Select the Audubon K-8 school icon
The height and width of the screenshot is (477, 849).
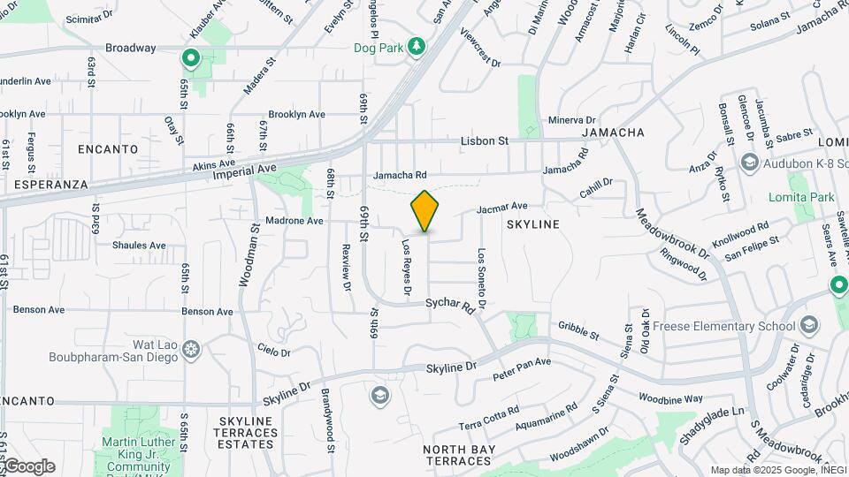[x=750, y=162]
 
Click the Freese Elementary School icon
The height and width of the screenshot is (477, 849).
[x=808, y=325]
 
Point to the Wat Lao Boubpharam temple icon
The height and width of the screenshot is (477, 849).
[x=190, y=350]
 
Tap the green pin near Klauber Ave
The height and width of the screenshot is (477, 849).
[x=190, y=59]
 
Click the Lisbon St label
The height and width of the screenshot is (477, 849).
[x=485, y=140]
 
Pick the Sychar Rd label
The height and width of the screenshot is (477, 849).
[x=450, y=305]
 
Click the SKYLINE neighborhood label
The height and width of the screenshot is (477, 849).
[x=533, y=224]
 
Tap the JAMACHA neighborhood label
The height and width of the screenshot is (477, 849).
[x=612, y=132]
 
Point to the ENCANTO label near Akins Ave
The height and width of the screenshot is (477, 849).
[x=108, y=149]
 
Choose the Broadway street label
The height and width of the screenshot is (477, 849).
[x=130, y=48]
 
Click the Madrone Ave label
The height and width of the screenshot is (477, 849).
[x=294, y=221]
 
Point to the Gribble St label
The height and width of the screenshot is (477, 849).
[x=578, y=330]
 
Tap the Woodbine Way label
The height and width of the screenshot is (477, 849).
[x=673, y=399]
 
